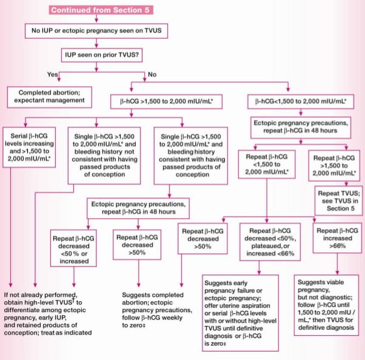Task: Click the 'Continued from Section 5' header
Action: click(101, 10)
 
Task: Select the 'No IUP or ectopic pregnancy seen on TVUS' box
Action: click(96, 31)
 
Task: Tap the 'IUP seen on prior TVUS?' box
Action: click(102, 55)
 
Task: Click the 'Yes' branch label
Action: click(52, 74)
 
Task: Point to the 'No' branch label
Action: click(152, 75)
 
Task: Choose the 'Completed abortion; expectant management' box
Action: click(50, 97)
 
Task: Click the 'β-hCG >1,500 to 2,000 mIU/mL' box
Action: click(167, 102)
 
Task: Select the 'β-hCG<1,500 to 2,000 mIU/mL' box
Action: click(301, 101)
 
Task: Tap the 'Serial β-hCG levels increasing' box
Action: click(29, 147)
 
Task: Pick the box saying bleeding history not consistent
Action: click(104, 156)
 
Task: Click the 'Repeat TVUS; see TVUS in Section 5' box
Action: click(338, 201)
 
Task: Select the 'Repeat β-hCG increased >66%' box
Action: click(337, 238)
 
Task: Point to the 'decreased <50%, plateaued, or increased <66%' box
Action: click(270, 242)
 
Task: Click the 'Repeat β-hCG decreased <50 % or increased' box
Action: click(73, 248)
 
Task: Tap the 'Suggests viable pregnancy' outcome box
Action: click(326, 305)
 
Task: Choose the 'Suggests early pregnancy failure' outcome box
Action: click(241, 313)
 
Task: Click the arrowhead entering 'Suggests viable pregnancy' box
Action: click(337, 273)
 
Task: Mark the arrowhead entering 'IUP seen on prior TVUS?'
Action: click(96, 46)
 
